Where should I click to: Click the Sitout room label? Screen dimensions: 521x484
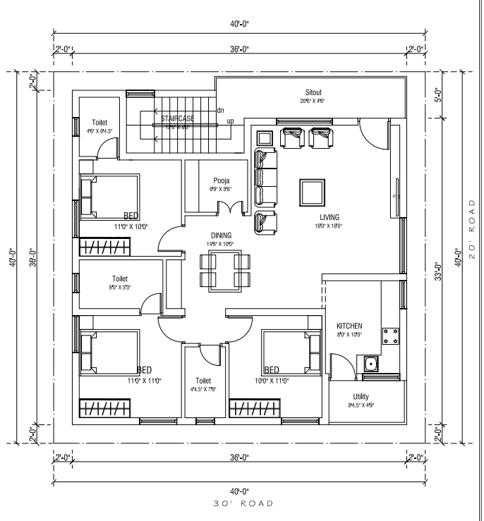coord(313,92)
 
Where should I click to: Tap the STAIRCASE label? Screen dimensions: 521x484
coord(177,118)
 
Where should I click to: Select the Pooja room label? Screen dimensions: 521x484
coord(216,180)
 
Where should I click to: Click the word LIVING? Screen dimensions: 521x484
coord(329,217)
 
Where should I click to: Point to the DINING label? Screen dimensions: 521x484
coord(221,235)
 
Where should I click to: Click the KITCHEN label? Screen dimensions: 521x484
coord(349,326)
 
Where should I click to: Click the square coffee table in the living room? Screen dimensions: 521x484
coord(312,191)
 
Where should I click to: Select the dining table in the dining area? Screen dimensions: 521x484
coord(221,271)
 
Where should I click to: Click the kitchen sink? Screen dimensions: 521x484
coord(370,365)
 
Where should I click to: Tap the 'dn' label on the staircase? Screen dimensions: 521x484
coord(220,110)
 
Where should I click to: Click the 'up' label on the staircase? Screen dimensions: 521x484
coord(230,121)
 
